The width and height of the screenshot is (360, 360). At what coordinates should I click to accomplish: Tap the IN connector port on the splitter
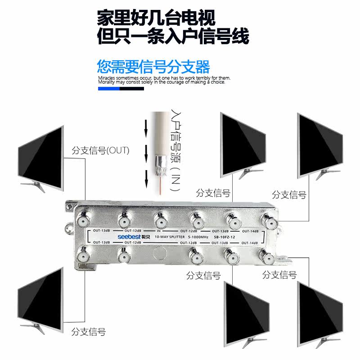[161, 220]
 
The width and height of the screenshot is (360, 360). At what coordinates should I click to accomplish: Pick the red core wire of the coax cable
[161, 184]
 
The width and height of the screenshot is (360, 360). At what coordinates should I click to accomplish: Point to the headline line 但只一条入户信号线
[173, 36]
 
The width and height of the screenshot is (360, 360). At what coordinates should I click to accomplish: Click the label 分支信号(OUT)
[100, 150]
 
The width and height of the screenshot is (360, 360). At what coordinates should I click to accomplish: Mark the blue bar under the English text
[108, 89]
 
